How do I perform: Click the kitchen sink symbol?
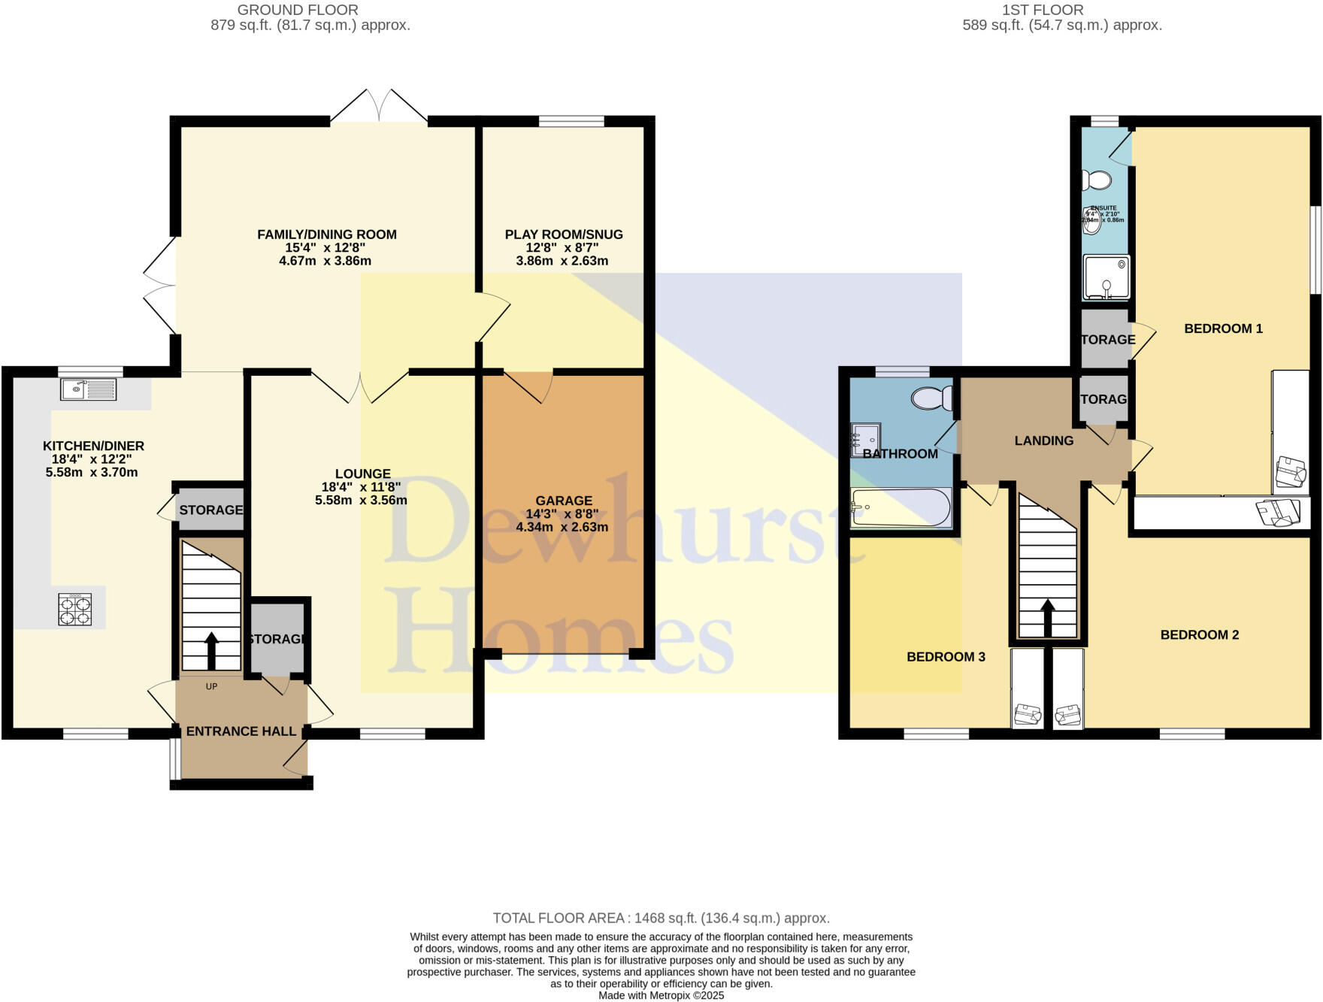(x=89, y=389)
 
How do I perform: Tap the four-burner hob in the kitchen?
(x=75, y=609)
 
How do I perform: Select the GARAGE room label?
(x=564, y=501)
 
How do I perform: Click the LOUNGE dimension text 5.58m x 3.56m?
(x=361, y=501)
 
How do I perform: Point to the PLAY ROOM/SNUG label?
(x=564, y=235)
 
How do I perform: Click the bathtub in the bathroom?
(x=901, y=507)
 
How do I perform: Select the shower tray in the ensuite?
(x=1106, y=277)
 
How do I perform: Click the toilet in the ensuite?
(x=1097, y=180)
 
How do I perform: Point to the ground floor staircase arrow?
(x=211, y=650)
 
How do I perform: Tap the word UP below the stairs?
(x=211, y=686)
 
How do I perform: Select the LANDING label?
(x=1043, y=441)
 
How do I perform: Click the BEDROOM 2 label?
(x=1199, y=635)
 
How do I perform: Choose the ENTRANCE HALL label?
(x=241, y=731)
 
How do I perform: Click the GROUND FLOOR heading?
(x=298, y=10)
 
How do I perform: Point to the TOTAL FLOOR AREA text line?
(x=661, y=918)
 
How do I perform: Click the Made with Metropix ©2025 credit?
(x=661, y=995)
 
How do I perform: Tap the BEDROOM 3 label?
(x=946, y=657)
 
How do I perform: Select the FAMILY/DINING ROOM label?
(x=326, y=235)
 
